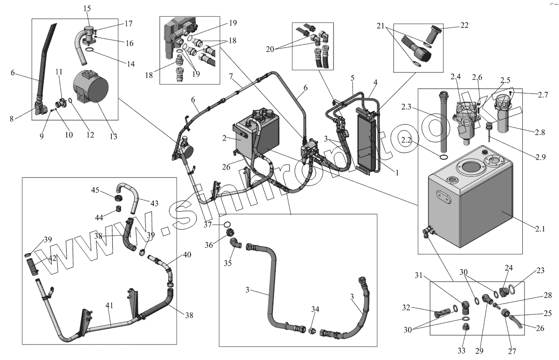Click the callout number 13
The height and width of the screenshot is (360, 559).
[113, 136]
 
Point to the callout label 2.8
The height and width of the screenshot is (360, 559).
[539, 132]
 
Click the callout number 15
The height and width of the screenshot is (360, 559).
[87, 8]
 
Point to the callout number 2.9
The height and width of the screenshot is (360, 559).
[540, 157]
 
